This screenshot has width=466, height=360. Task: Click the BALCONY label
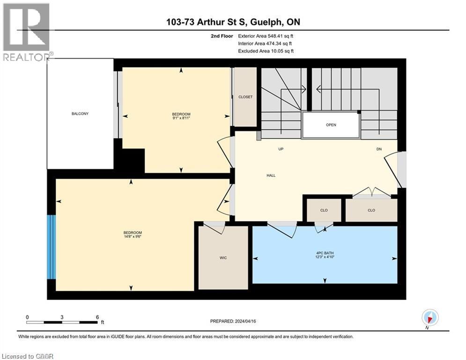[80, 114]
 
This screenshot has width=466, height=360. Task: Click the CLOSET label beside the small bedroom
[245, 97]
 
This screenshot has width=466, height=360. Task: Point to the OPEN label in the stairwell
[331, 125]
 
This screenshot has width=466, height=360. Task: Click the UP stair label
[281, 149]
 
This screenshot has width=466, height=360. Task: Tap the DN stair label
[379, 149]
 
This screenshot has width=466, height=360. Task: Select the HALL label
[271, 175]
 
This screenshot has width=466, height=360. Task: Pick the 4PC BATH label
[325, 253]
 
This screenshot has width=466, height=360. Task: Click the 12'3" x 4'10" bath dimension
[325, 257]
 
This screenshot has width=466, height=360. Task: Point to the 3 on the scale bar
[62, 317]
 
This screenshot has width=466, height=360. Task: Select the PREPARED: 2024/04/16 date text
[234, 321]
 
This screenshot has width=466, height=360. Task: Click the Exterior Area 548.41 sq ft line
[266, 36]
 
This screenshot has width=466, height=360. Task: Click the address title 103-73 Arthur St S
[233, 22]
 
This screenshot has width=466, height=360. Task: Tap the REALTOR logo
[26, 32]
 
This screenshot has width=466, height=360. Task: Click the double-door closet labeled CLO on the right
[371, 210]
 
